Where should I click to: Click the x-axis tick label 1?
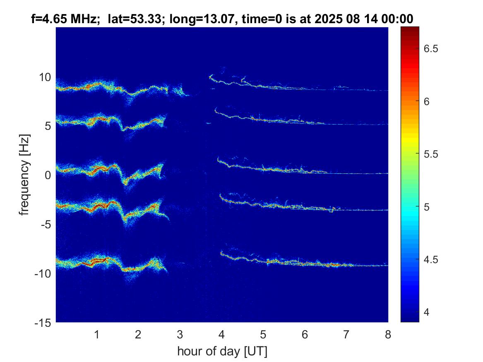pyautogui.click(x=97, y=334)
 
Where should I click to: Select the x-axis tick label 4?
pyautogui.click(x=222, y=334)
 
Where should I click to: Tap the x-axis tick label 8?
pyautogui.click(x=388, y=334)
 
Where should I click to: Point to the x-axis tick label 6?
pyautogui.click(x=305, y=334)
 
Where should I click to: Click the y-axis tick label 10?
pyautogui.click(x=45, y=77)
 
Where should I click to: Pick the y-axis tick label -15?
pyautogui.click(x=43, y=322)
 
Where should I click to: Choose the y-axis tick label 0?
pyautogui.click(x=48, y=175)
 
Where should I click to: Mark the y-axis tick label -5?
pyautogui.click(x=45, y=224)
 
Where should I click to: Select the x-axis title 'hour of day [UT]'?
pyautogui.click(x=222, y=351)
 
